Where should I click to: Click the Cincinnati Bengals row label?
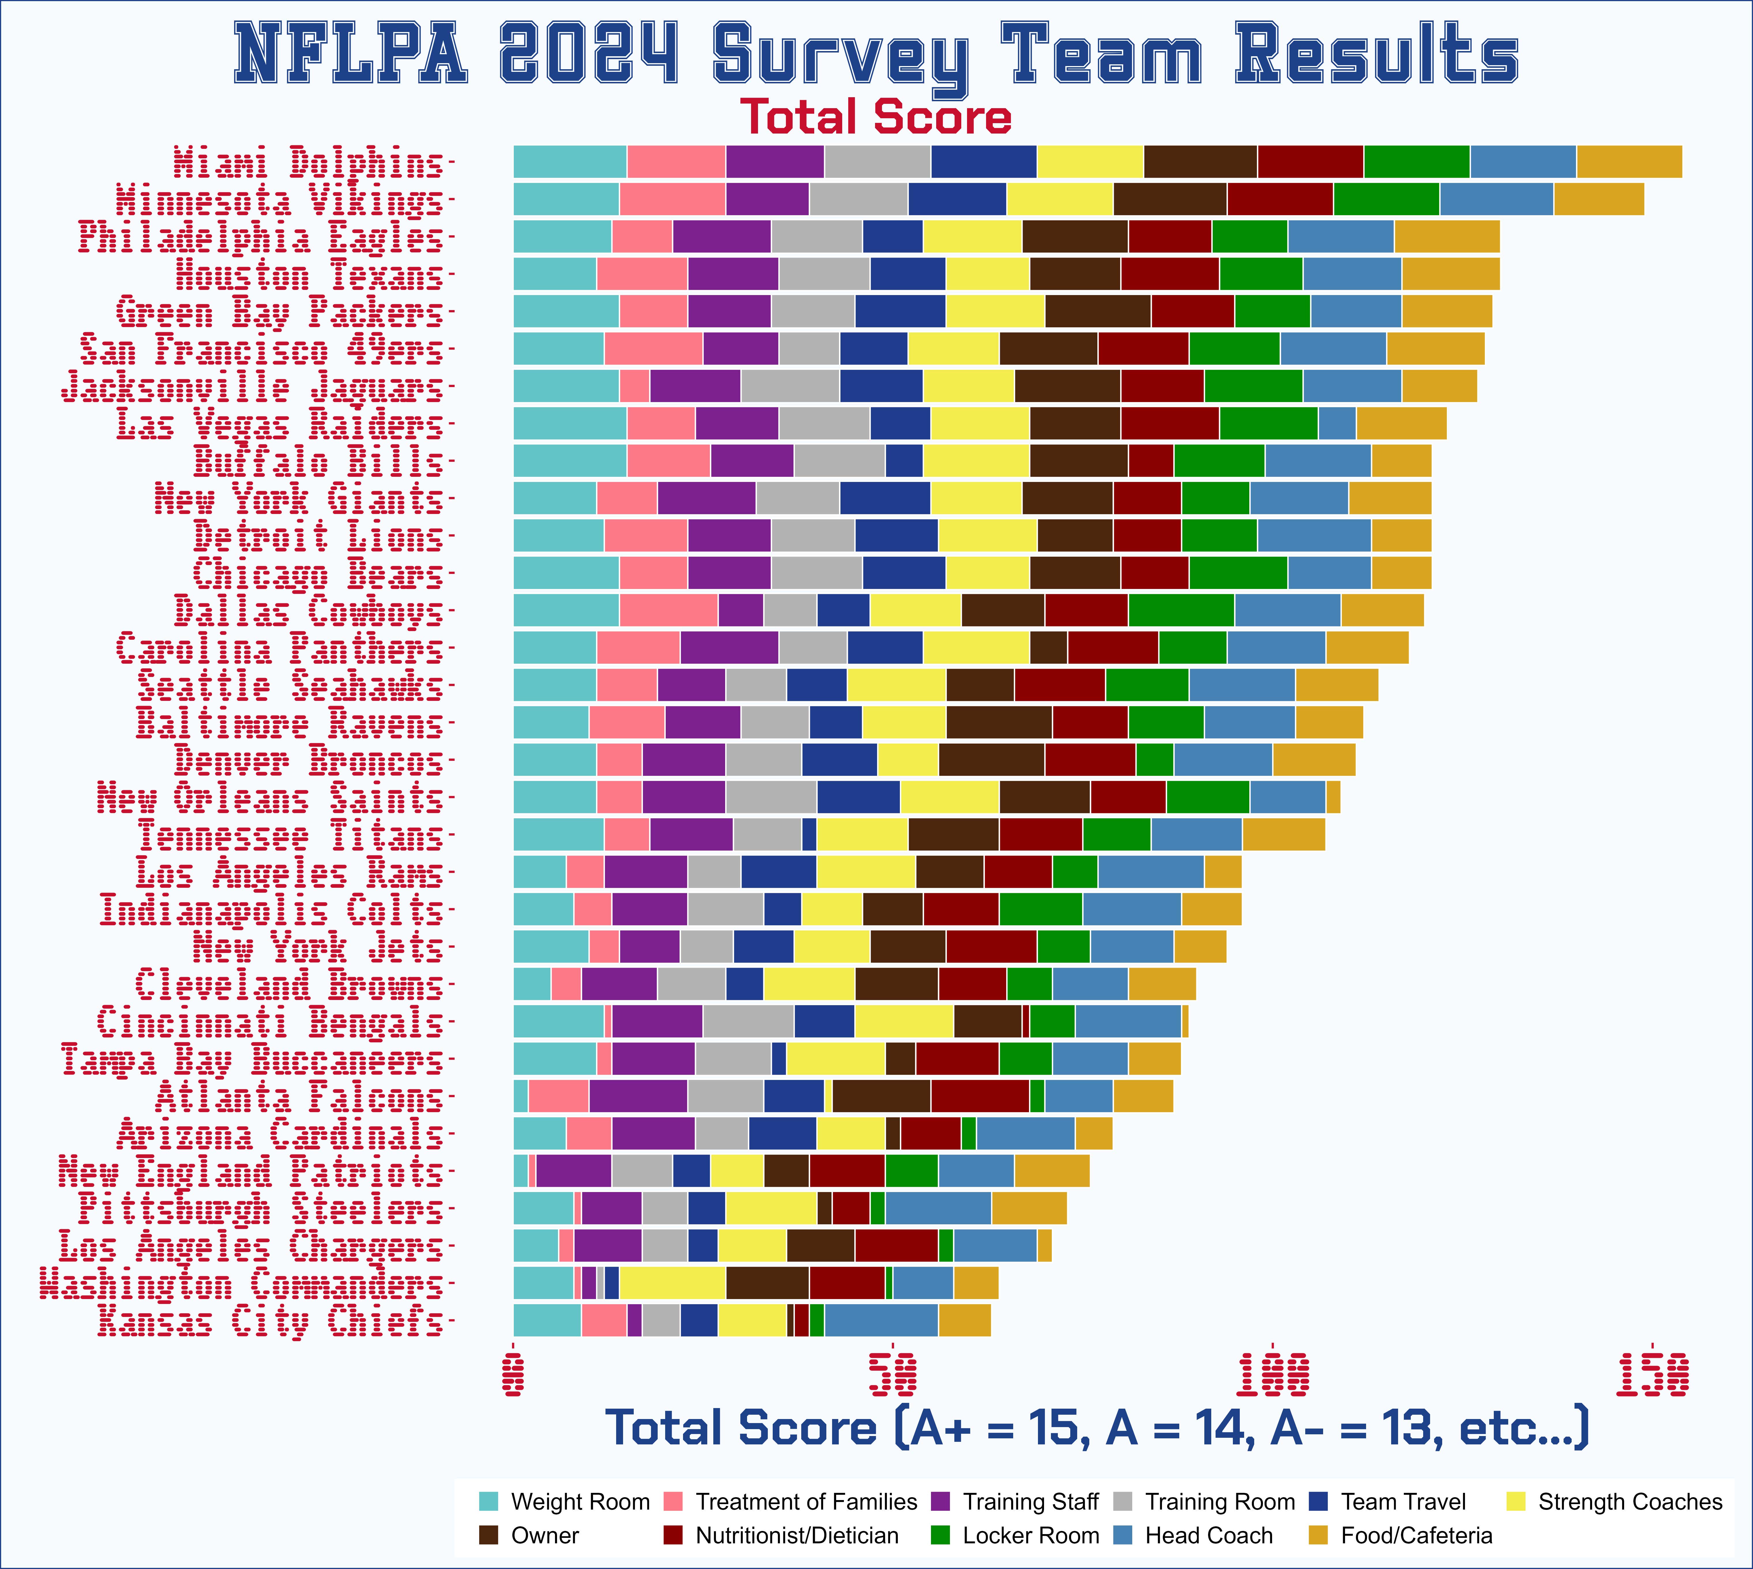pyautogui.click(x=270, y=1022)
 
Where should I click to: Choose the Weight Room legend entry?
pyautogui.click(x=579, y=1502)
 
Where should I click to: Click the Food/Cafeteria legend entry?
pyautogui.click(x=1415, y=1535)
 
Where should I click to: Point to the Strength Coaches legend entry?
pyautogui.click(x=1629, y=1502)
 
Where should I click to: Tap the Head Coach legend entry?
pyautogui.click(x=1207, y=1535)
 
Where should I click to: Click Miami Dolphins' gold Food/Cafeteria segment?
pyautogui.click(x=1629, y=162)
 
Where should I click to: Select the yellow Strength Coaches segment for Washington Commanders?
pyautogui.click(x=672, y=1283)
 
